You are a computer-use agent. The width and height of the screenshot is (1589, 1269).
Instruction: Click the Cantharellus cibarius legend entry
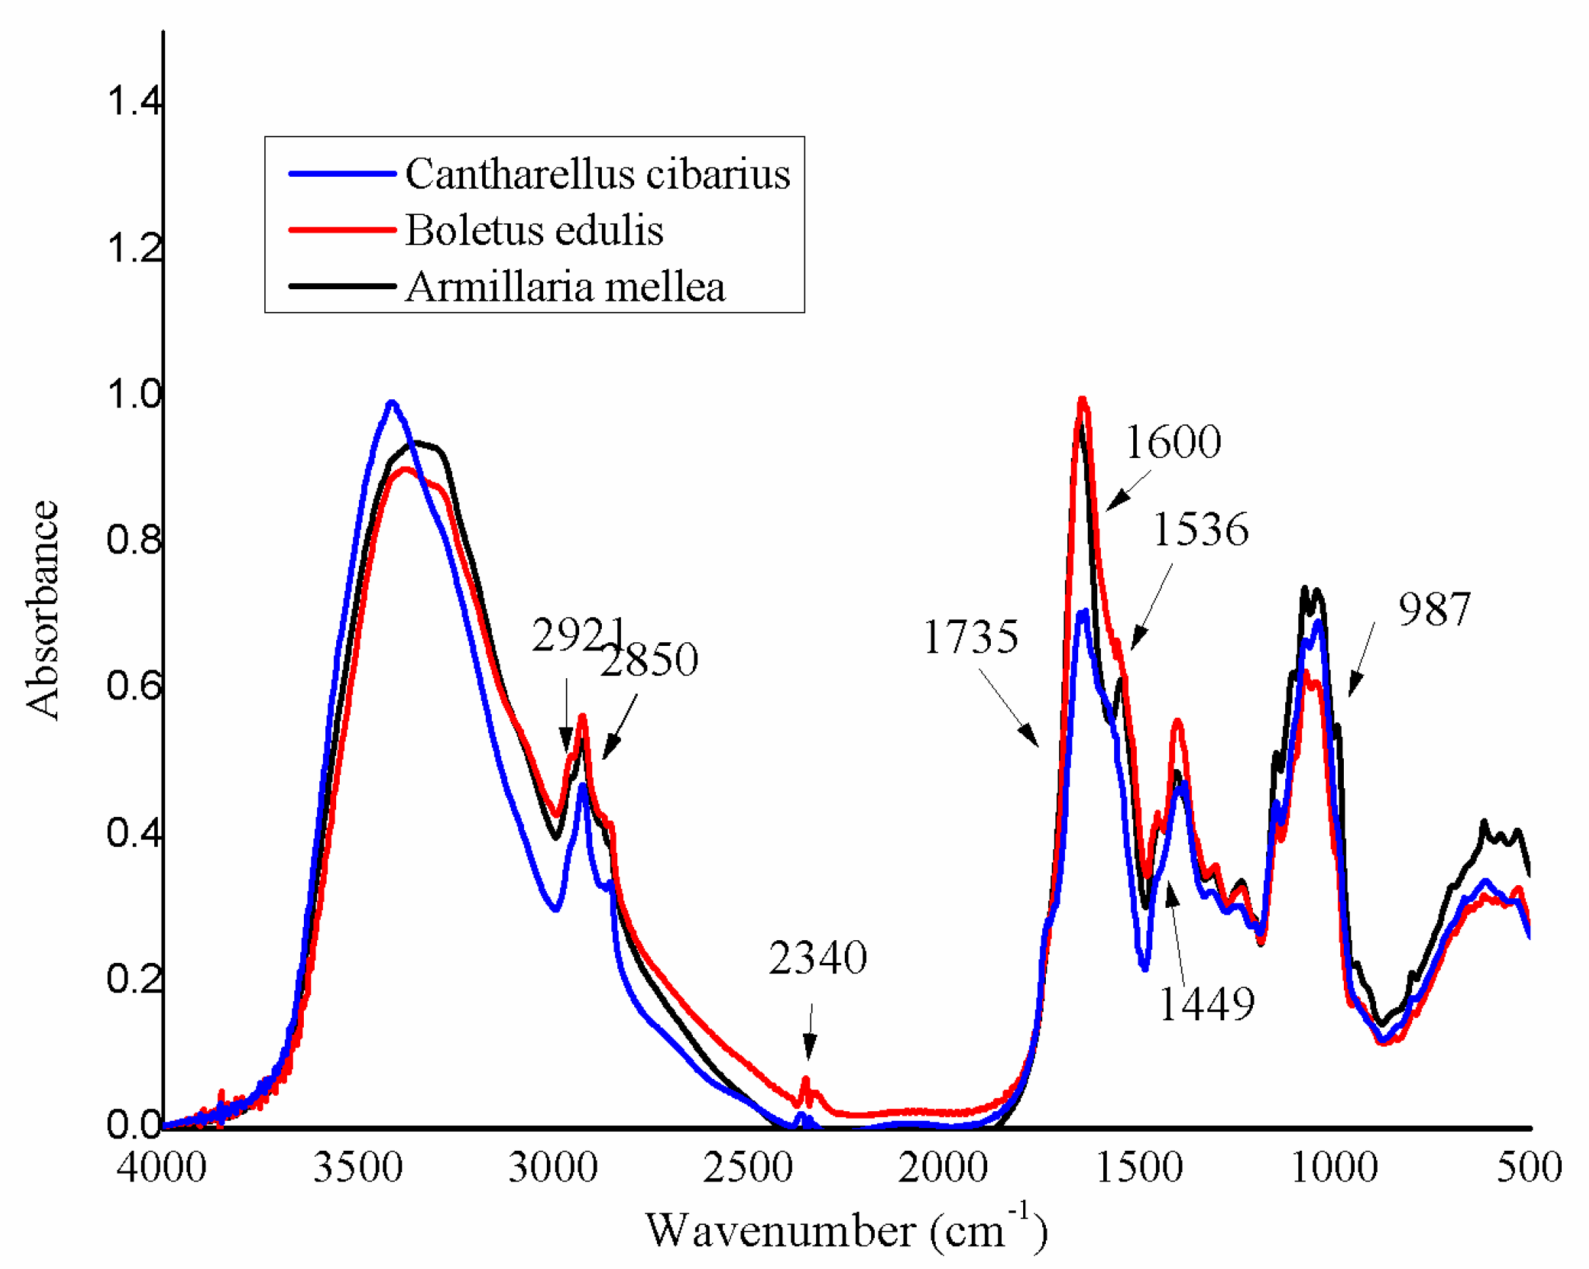597,174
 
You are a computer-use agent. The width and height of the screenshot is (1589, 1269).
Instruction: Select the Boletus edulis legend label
534,230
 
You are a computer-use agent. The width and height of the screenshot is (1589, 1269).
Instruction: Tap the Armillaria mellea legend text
565,287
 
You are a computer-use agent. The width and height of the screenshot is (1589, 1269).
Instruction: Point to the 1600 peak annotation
1173,442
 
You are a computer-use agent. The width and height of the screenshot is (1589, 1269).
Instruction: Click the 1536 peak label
1201,529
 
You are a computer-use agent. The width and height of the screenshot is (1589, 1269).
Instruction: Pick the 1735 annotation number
970,637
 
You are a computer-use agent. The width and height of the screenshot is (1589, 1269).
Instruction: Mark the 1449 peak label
1207,1004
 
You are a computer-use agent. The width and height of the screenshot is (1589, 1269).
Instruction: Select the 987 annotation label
1434,609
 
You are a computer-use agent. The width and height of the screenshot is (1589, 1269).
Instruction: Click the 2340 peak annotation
818,958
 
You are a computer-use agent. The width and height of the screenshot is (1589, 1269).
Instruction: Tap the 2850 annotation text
649,660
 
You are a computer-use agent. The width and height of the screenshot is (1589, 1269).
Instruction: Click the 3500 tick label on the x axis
357,1168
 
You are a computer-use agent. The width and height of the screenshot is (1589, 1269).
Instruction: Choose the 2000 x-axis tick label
942,1168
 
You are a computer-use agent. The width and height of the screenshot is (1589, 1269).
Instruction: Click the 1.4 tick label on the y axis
134,101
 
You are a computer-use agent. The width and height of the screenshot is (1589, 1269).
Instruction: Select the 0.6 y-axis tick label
134,686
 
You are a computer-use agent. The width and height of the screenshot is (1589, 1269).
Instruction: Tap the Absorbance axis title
42,609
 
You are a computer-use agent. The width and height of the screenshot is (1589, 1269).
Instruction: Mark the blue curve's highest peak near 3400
392,402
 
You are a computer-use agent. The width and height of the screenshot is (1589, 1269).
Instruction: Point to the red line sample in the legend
343,230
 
